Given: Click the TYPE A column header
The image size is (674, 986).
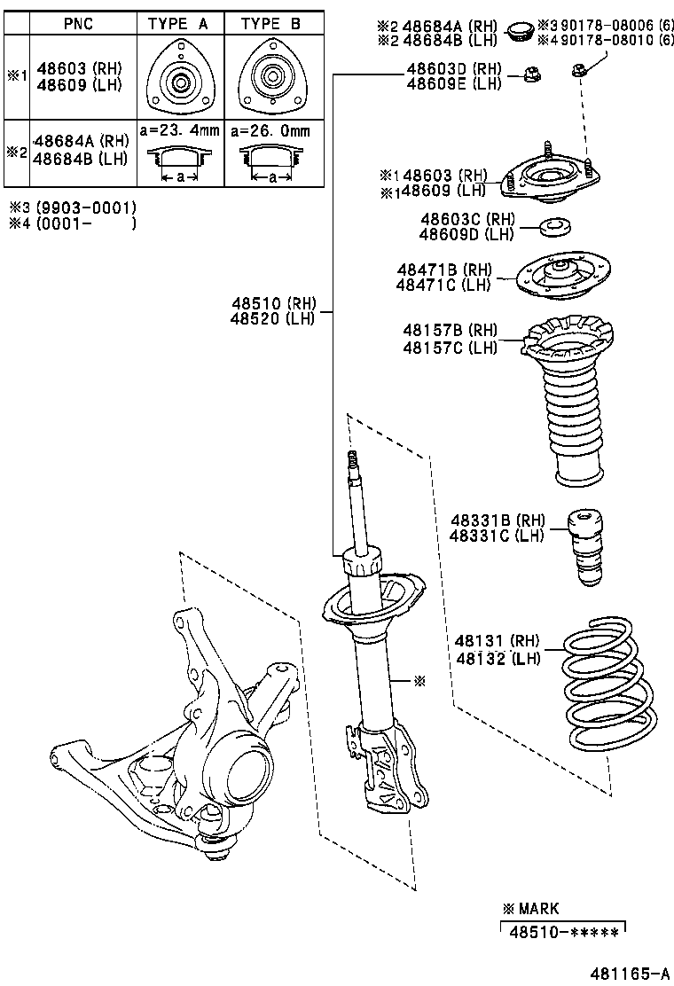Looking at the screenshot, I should coord(178,24).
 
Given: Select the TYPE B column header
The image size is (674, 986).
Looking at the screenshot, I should coord(271,24).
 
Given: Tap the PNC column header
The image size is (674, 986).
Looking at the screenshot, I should coord(78,24).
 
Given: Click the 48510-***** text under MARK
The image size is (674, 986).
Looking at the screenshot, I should coord(563,929).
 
